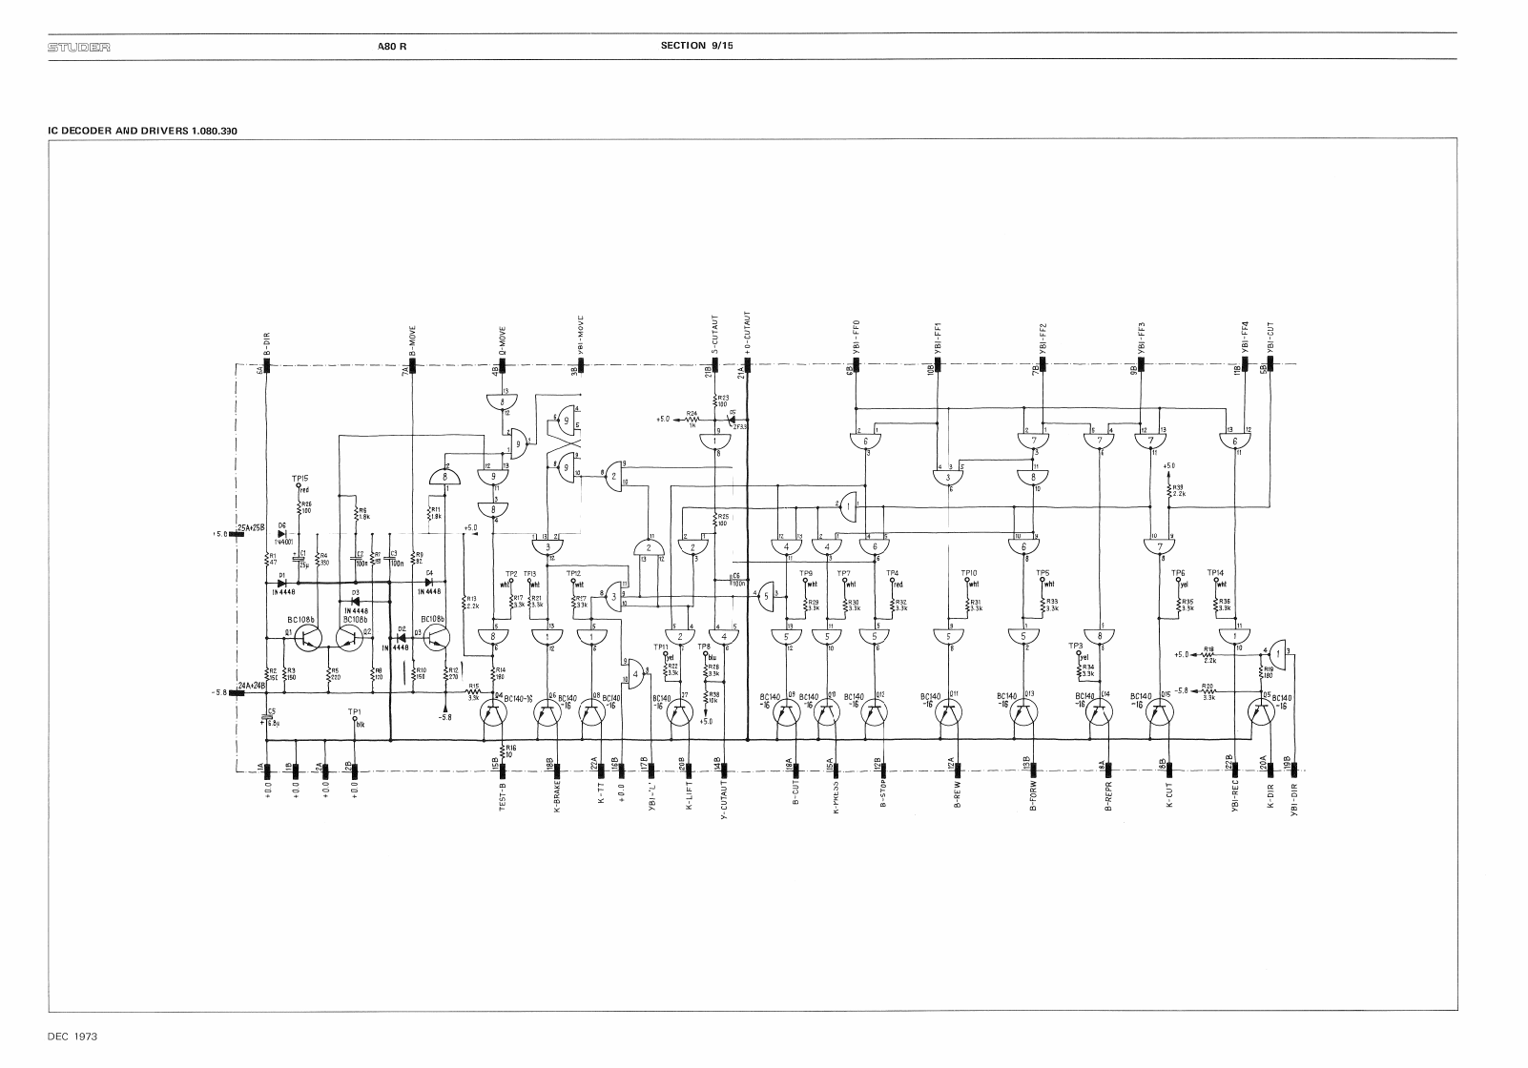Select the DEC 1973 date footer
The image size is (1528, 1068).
pyautogui.click(x=73, y=1036)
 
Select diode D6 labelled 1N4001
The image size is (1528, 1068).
pyautogui.click(x=282, y=533)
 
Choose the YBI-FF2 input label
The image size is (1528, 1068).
pyautogui.click(x=1043, y=339)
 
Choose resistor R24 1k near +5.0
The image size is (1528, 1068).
pyautogui.click(x=695, y=418)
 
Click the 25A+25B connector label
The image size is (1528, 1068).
pyautogui.click(x=252, y=528)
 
